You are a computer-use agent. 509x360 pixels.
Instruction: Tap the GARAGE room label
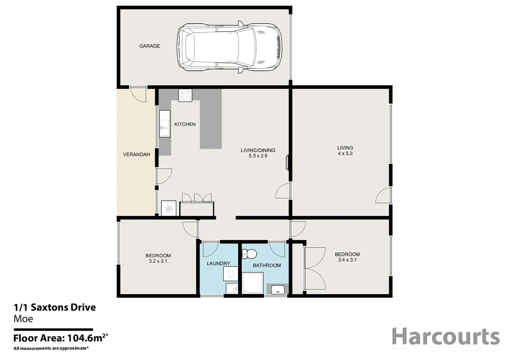tap(149, 46)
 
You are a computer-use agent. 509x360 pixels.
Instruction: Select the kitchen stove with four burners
tap(185, 95)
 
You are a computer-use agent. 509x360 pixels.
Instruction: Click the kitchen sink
tap(164, 124)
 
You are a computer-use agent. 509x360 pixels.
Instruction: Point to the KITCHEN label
tap(185, 124)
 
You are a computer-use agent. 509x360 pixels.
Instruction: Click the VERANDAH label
tap(136, 155)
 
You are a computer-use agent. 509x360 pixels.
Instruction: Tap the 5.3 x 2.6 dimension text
tap(258, 156)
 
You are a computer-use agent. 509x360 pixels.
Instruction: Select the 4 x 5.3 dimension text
tap(345, 154)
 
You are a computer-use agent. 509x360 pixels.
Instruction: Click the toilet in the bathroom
tap(249, 254)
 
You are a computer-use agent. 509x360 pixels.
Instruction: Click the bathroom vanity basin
tap(278, 289)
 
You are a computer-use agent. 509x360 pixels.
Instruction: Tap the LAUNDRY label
tap(218, 264)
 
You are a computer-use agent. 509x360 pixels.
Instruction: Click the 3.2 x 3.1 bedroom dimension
tap(158, 261)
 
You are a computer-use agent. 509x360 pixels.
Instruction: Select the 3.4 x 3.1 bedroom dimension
tap(347, 260)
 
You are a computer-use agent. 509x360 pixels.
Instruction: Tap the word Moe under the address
tap(23, 319)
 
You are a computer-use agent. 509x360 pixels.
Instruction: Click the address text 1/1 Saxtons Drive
tap(55, 307)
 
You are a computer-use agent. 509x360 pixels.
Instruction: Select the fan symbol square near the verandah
tap(169, 208)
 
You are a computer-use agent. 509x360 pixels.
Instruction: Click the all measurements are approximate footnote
tap(51, 349)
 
